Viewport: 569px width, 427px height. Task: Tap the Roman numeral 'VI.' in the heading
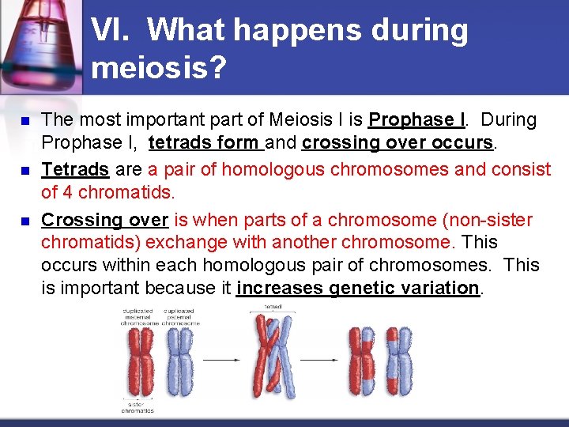[x=114, y=31]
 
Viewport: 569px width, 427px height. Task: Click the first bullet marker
[x=24, y=122]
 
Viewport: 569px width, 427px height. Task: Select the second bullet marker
[x=24, y=171]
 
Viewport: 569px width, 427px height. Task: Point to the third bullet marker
[x=24, y=221]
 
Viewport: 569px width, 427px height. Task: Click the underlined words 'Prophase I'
[x=416, y=120]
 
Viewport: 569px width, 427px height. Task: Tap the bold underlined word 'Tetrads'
[x=75, y=169]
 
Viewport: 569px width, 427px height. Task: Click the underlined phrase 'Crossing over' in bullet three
[x=104, y=220]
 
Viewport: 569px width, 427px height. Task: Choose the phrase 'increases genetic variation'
[x=358, y=288]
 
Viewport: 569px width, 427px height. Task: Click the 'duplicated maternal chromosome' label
[x=140, y=317]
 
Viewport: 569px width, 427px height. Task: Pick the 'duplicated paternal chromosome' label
[x=181, y=317]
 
